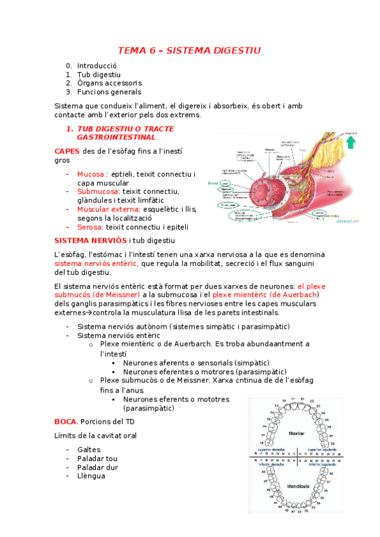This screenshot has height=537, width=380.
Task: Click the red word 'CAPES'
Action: [67, 151]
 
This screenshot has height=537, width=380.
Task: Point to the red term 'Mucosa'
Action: [90, 174]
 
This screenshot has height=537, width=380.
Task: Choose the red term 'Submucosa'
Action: [98, 191]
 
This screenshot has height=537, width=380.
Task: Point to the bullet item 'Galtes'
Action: [89, 449]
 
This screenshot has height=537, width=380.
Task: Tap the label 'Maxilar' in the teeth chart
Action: [296, 433]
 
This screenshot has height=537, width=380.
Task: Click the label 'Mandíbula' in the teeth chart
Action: [297, 486]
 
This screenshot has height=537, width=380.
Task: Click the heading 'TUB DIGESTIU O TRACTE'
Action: [125, 129]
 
